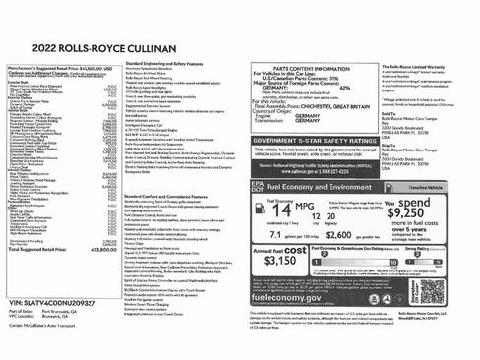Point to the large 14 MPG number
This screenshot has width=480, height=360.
pyautogui.click(x=281, y=209)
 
